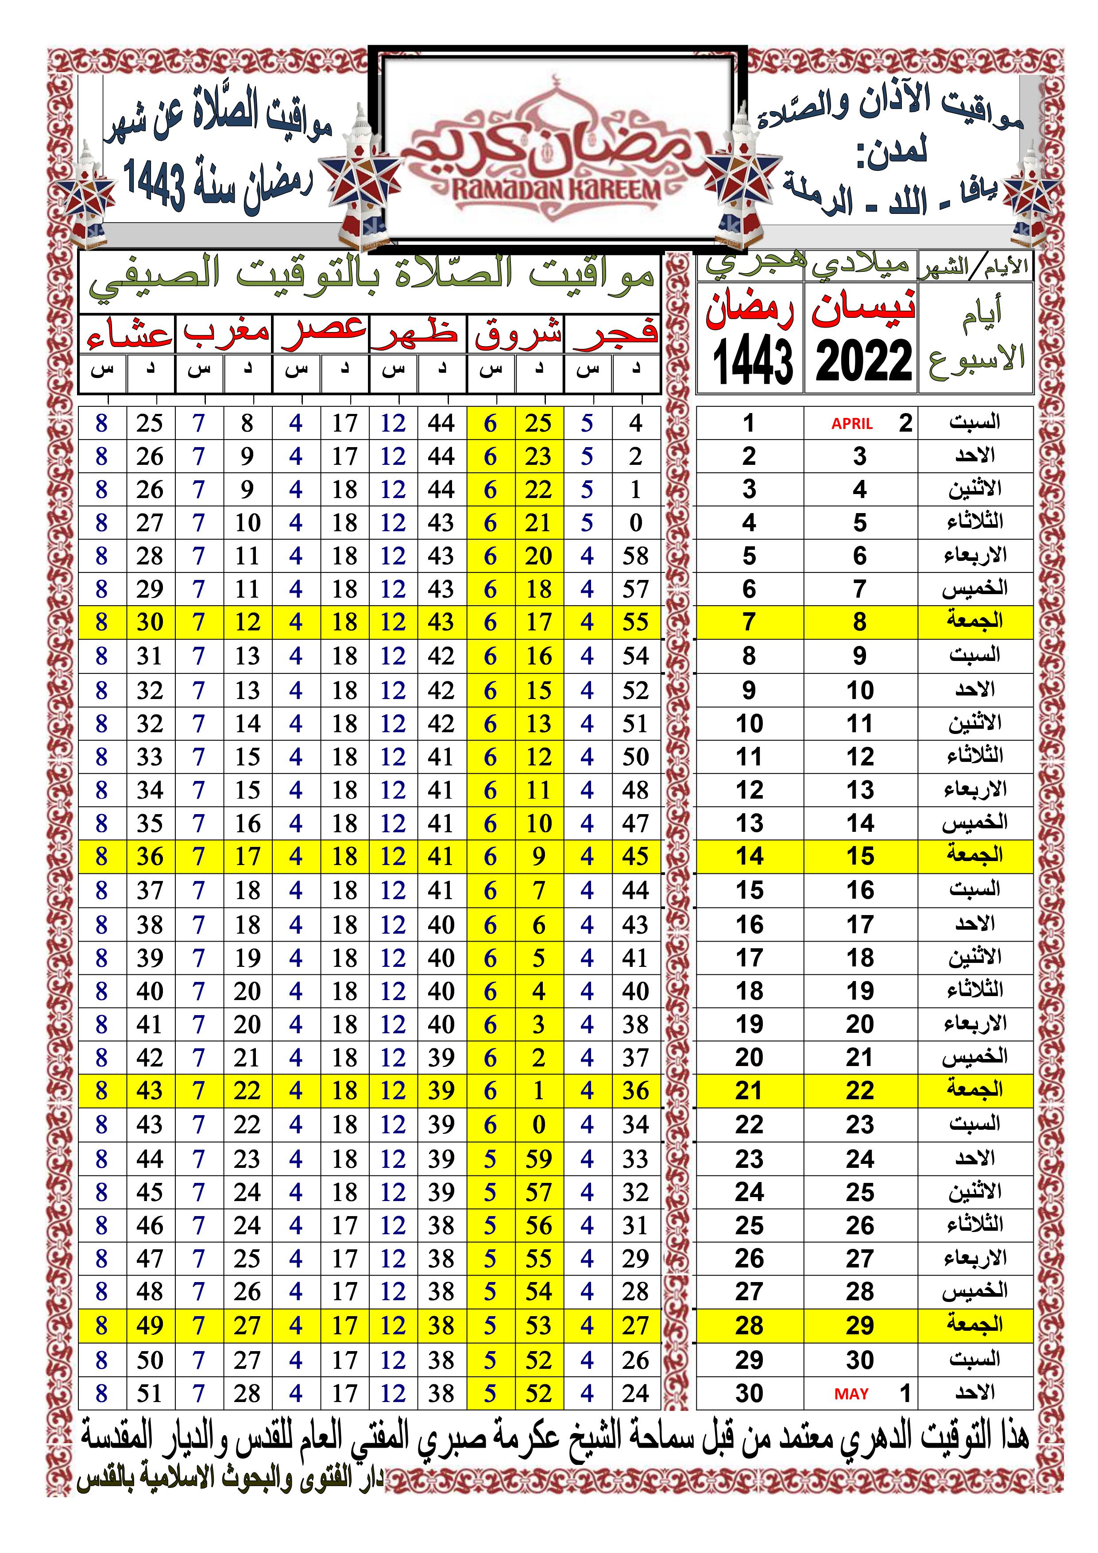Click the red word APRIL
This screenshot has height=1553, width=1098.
point(852,423)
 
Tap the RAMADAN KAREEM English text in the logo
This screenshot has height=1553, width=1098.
point(556,190)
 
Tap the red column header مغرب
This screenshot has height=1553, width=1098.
point(225,332)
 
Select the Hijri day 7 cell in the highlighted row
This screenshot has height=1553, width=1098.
point(749,622)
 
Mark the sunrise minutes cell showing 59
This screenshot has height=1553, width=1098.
point(538,1159)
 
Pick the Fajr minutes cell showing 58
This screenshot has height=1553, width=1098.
point(635,556)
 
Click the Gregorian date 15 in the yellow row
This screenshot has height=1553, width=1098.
point(860,856)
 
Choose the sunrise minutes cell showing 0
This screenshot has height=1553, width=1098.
point(538,1125)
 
